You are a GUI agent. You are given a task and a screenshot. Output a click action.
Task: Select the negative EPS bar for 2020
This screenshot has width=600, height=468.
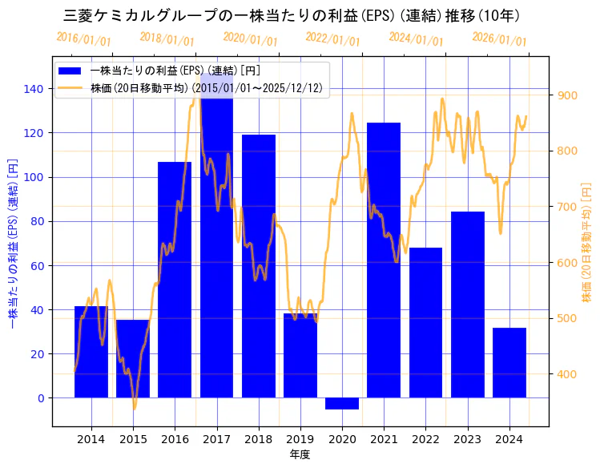pos(342,403)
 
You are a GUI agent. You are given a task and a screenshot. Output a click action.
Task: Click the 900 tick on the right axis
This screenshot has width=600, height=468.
pos(567,95)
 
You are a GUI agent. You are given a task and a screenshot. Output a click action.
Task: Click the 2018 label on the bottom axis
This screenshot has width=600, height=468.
pos(259,438)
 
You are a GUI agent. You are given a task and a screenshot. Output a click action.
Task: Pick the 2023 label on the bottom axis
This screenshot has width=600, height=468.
pos(468,438)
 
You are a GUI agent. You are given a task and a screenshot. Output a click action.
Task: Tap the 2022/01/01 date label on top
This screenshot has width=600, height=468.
pos(333,40)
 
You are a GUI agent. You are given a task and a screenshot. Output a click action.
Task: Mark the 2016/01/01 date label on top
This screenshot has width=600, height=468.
pos(84,40)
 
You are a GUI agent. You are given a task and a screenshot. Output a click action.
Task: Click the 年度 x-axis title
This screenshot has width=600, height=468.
pos(300,454)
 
